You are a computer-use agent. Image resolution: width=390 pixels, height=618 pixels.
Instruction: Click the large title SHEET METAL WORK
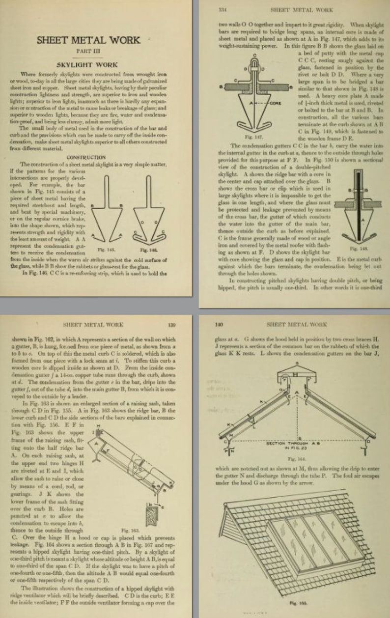(88, 40)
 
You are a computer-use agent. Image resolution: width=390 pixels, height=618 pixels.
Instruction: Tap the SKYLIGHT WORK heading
(87, 64)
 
